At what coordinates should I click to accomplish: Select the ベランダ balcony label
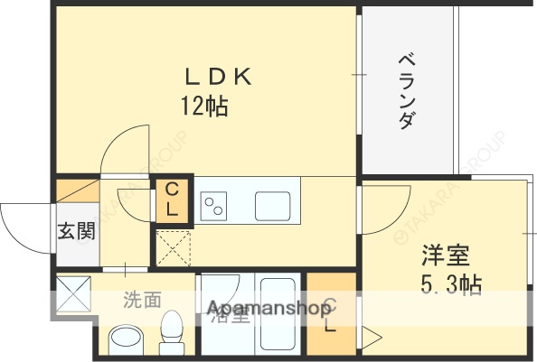(x=406, y=91)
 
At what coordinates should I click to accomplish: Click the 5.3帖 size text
(x=449, y=285)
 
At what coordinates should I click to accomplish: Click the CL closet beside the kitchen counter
(x=173, y=200)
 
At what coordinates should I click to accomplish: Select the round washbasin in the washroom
(x=127, y=340)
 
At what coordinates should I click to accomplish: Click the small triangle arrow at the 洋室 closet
(x=372, y=338)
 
